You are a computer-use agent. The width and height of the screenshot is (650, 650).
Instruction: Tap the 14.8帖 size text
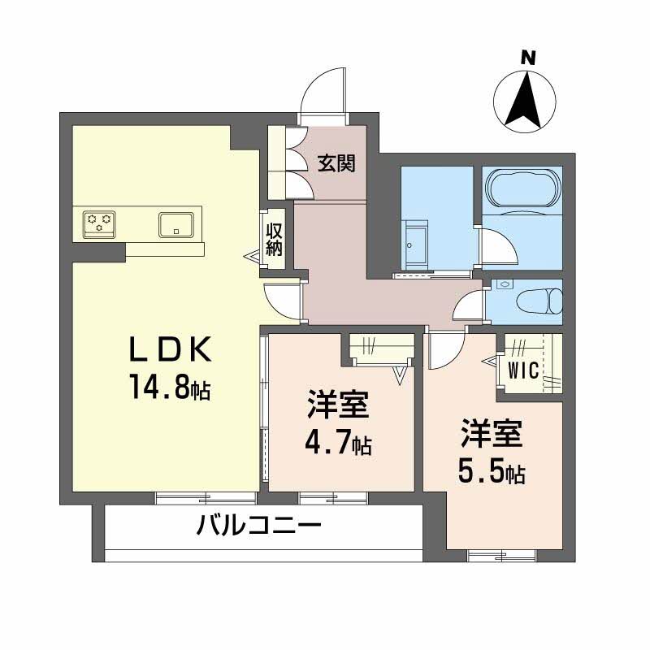[x=168, y=387]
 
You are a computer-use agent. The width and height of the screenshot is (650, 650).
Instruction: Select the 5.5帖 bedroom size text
[x=491, y=470]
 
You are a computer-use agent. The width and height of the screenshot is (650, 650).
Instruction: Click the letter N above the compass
[x=528, y=58]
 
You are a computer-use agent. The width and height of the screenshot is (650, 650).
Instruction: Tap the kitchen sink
[x=176, y=223]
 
